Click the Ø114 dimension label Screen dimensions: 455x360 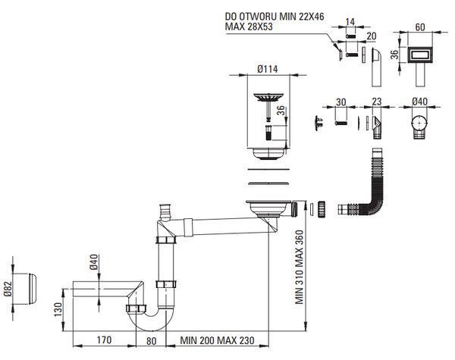coord(267,69)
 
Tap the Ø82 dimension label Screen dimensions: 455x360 coord(8,289)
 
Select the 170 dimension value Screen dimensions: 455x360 coord(104,340)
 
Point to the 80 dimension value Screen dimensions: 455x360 coord(151,341)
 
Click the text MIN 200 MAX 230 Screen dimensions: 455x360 coord(217,340)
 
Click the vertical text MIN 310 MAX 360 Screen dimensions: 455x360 coord(300,268)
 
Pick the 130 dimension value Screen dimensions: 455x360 coord(58,309)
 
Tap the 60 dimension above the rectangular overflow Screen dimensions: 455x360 coord(420,27)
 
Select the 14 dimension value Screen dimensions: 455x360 coord(350,22)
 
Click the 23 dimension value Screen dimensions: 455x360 coord(376,102)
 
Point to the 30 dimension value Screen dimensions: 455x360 coord(341,102)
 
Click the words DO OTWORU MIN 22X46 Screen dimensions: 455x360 coord(275,17)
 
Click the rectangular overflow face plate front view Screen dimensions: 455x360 coord(420,55)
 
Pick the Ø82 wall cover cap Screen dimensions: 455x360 coord(33,289)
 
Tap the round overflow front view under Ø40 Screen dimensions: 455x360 coord(419,123)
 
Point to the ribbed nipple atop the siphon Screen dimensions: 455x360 coord(165,212)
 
